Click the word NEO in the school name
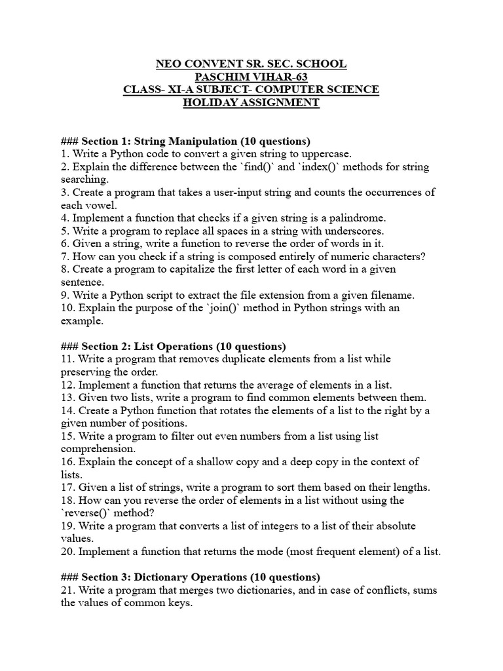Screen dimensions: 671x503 pyautogui.click(x=168, y=64)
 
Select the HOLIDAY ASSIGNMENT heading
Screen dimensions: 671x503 pyautogui.click(x=251, y=102)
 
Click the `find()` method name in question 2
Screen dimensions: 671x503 pyautogui.click(x=256, y=166)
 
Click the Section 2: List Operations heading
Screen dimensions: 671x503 pyautogui.click(x=183, y=346)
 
